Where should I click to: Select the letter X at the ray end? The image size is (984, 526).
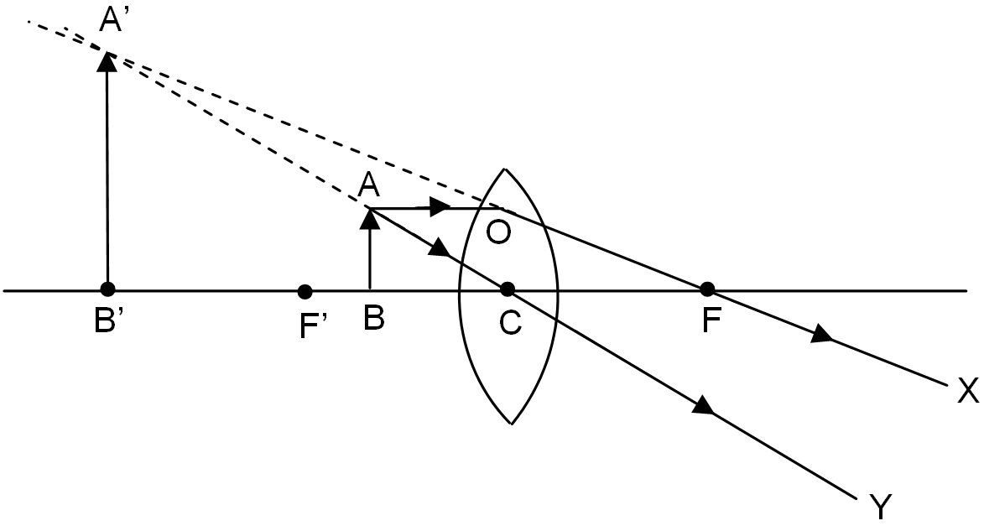968,390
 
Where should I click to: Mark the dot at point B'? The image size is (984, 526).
107,289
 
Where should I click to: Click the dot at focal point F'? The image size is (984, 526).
305,291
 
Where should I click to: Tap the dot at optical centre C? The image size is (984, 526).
507,289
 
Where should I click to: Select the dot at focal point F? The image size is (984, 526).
707,289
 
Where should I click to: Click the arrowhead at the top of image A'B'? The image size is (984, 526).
107,60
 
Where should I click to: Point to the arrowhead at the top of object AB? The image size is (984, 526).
368,218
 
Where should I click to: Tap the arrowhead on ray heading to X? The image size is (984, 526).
821,335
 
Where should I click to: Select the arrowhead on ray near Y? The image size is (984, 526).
703,407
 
